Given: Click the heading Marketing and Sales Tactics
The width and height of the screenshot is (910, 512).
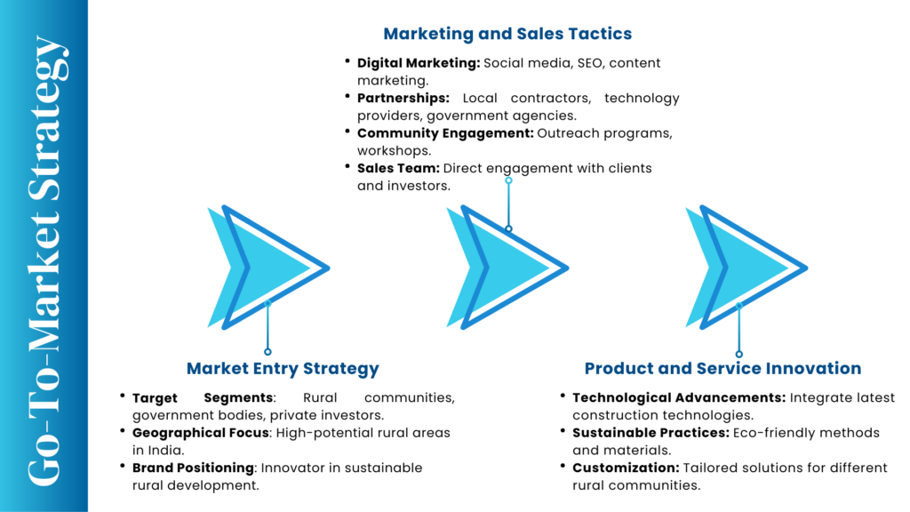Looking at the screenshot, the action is pyautogui.click(x=507, y=34).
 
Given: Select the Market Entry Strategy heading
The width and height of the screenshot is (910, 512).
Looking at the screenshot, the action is pyautogui.click(x=283, y=369).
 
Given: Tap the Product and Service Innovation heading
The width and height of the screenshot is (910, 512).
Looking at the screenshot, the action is pyautogui.click(x=722, y=369).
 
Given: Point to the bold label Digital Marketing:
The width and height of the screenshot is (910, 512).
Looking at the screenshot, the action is pyautogui.click(x=419, y=63).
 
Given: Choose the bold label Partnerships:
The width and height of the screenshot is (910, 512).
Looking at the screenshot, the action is pyautogui.click(x=403, y=98).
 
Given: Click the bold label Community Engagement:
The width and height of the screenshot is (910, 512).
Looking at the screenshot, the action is pyautogui.click(x=445, y=133).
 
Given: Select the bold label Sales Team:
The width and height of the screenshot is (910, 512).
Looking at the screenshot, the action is pyautogui.click(x=398, y=168).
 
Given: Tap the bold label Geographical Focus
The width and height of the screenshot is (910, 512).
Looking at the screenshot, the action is pyautogui.click(x=200, y=433).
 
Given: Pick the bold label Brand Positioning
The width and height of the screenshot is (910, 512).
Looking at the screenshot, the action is pyautogui.click(x=193, y=468).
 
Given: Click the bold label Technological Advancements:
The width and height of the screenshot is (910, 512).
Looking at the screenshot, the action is pyautogui.click(x=679, y=398).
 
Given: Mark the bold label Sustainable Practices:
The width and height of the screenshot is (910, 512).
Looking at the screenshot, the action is pyautogui.click(x=651, y=433).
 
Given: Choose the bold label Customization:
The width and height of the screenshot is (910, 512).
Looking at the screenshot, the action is pyautogui.click(x=626, y=468).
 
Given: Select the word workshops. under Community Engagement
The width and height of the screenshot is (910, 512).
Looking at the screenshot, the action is pyautogui.click(x=394, y=151).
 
